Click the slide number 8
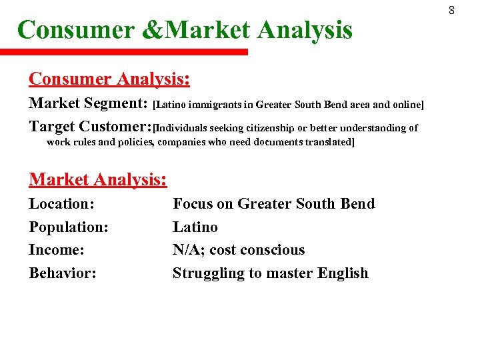click(x=451, y=11)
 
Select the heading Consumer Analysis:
click(x=109, y=79)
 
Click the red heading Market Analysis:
click(x=97, y=179)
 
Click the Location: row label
click(x=61, y=204)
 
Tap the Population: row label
click(x=68, y=227)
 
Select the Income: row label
click(x=57, y=250)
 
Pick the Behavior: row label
click(x=63, y=273)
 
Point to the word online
click(x=406, y=105)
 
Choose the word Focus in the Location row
click(x=192, y=204)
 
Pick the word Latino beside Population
click(x=195, y=227)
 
